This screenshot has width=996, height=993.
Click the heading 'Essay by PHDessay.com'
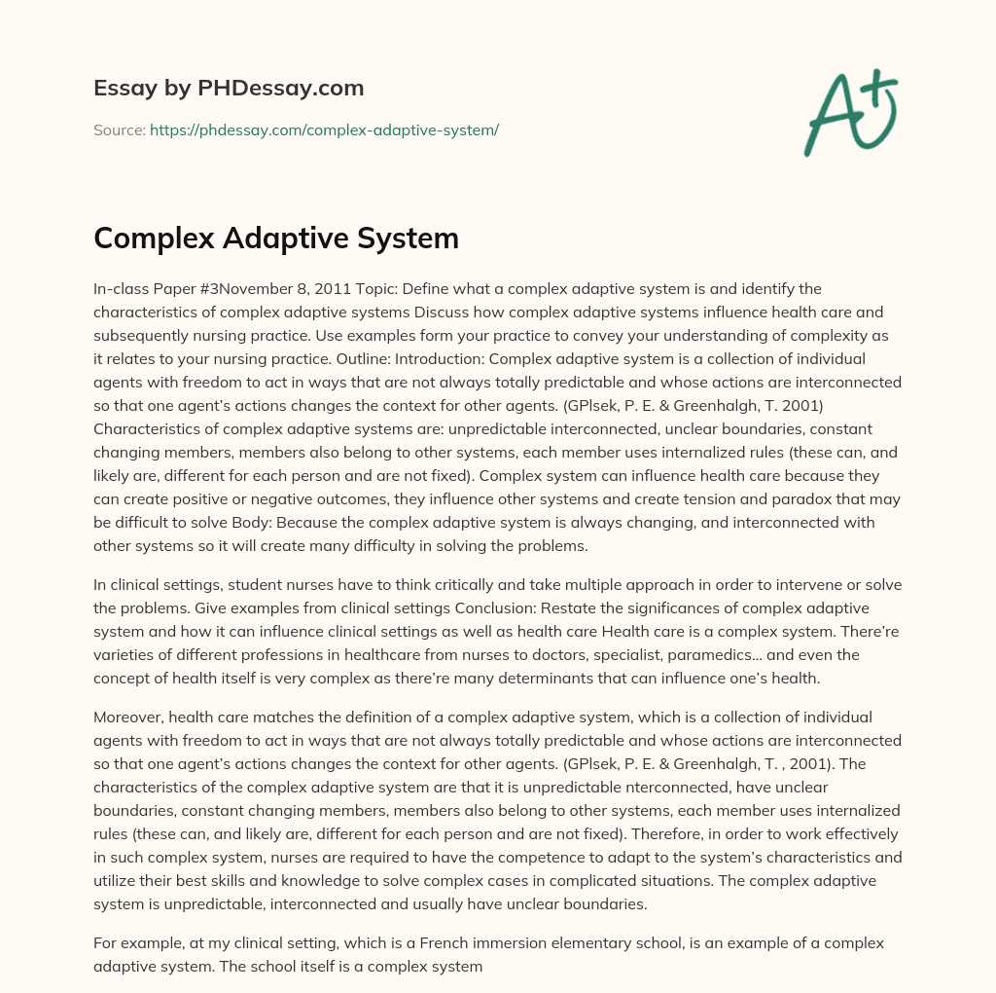tap(229, 89)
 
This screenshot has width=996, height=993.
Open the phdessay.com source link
tap(324, 129)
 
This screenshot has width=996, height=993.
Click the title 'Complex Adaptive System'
tap(276, 239)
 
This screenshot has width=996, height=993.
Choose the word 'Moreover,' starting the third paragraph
tap(131, 717)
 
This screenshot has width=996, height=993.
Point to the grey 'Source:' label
tap(119, 129)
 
